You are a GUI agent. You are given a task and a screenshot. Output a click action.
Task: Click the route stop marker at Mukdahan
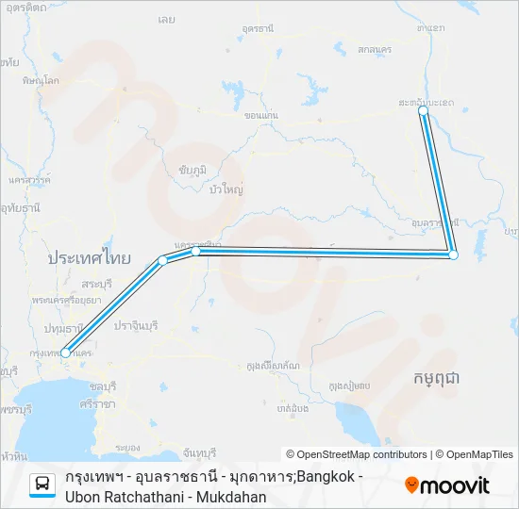click(423, 111)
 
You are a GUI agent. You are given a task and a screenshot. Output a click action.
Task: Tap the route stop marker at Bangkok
click(64, 353)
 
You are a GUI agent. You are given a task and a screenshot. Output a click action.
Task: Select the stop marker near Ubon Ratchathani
click(453, 254)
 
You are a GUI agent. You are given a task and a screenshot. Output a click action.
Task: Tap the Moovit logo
click(447, 485)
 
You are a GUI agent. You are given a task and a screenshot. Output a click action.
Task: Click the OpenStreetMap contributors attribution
click(357, 454)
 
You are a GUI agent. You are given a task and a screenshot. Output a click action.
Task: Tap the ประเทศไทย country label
click(90, 257)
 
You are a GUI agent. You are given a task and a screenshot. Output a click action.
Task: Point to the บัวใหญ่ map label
click(227, 189)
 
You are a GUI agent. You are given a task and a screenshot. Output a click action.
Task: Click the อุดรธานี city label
click(258, 31)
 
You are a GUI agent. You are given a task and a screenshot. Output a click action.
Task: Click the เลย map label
click(193, 18)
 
